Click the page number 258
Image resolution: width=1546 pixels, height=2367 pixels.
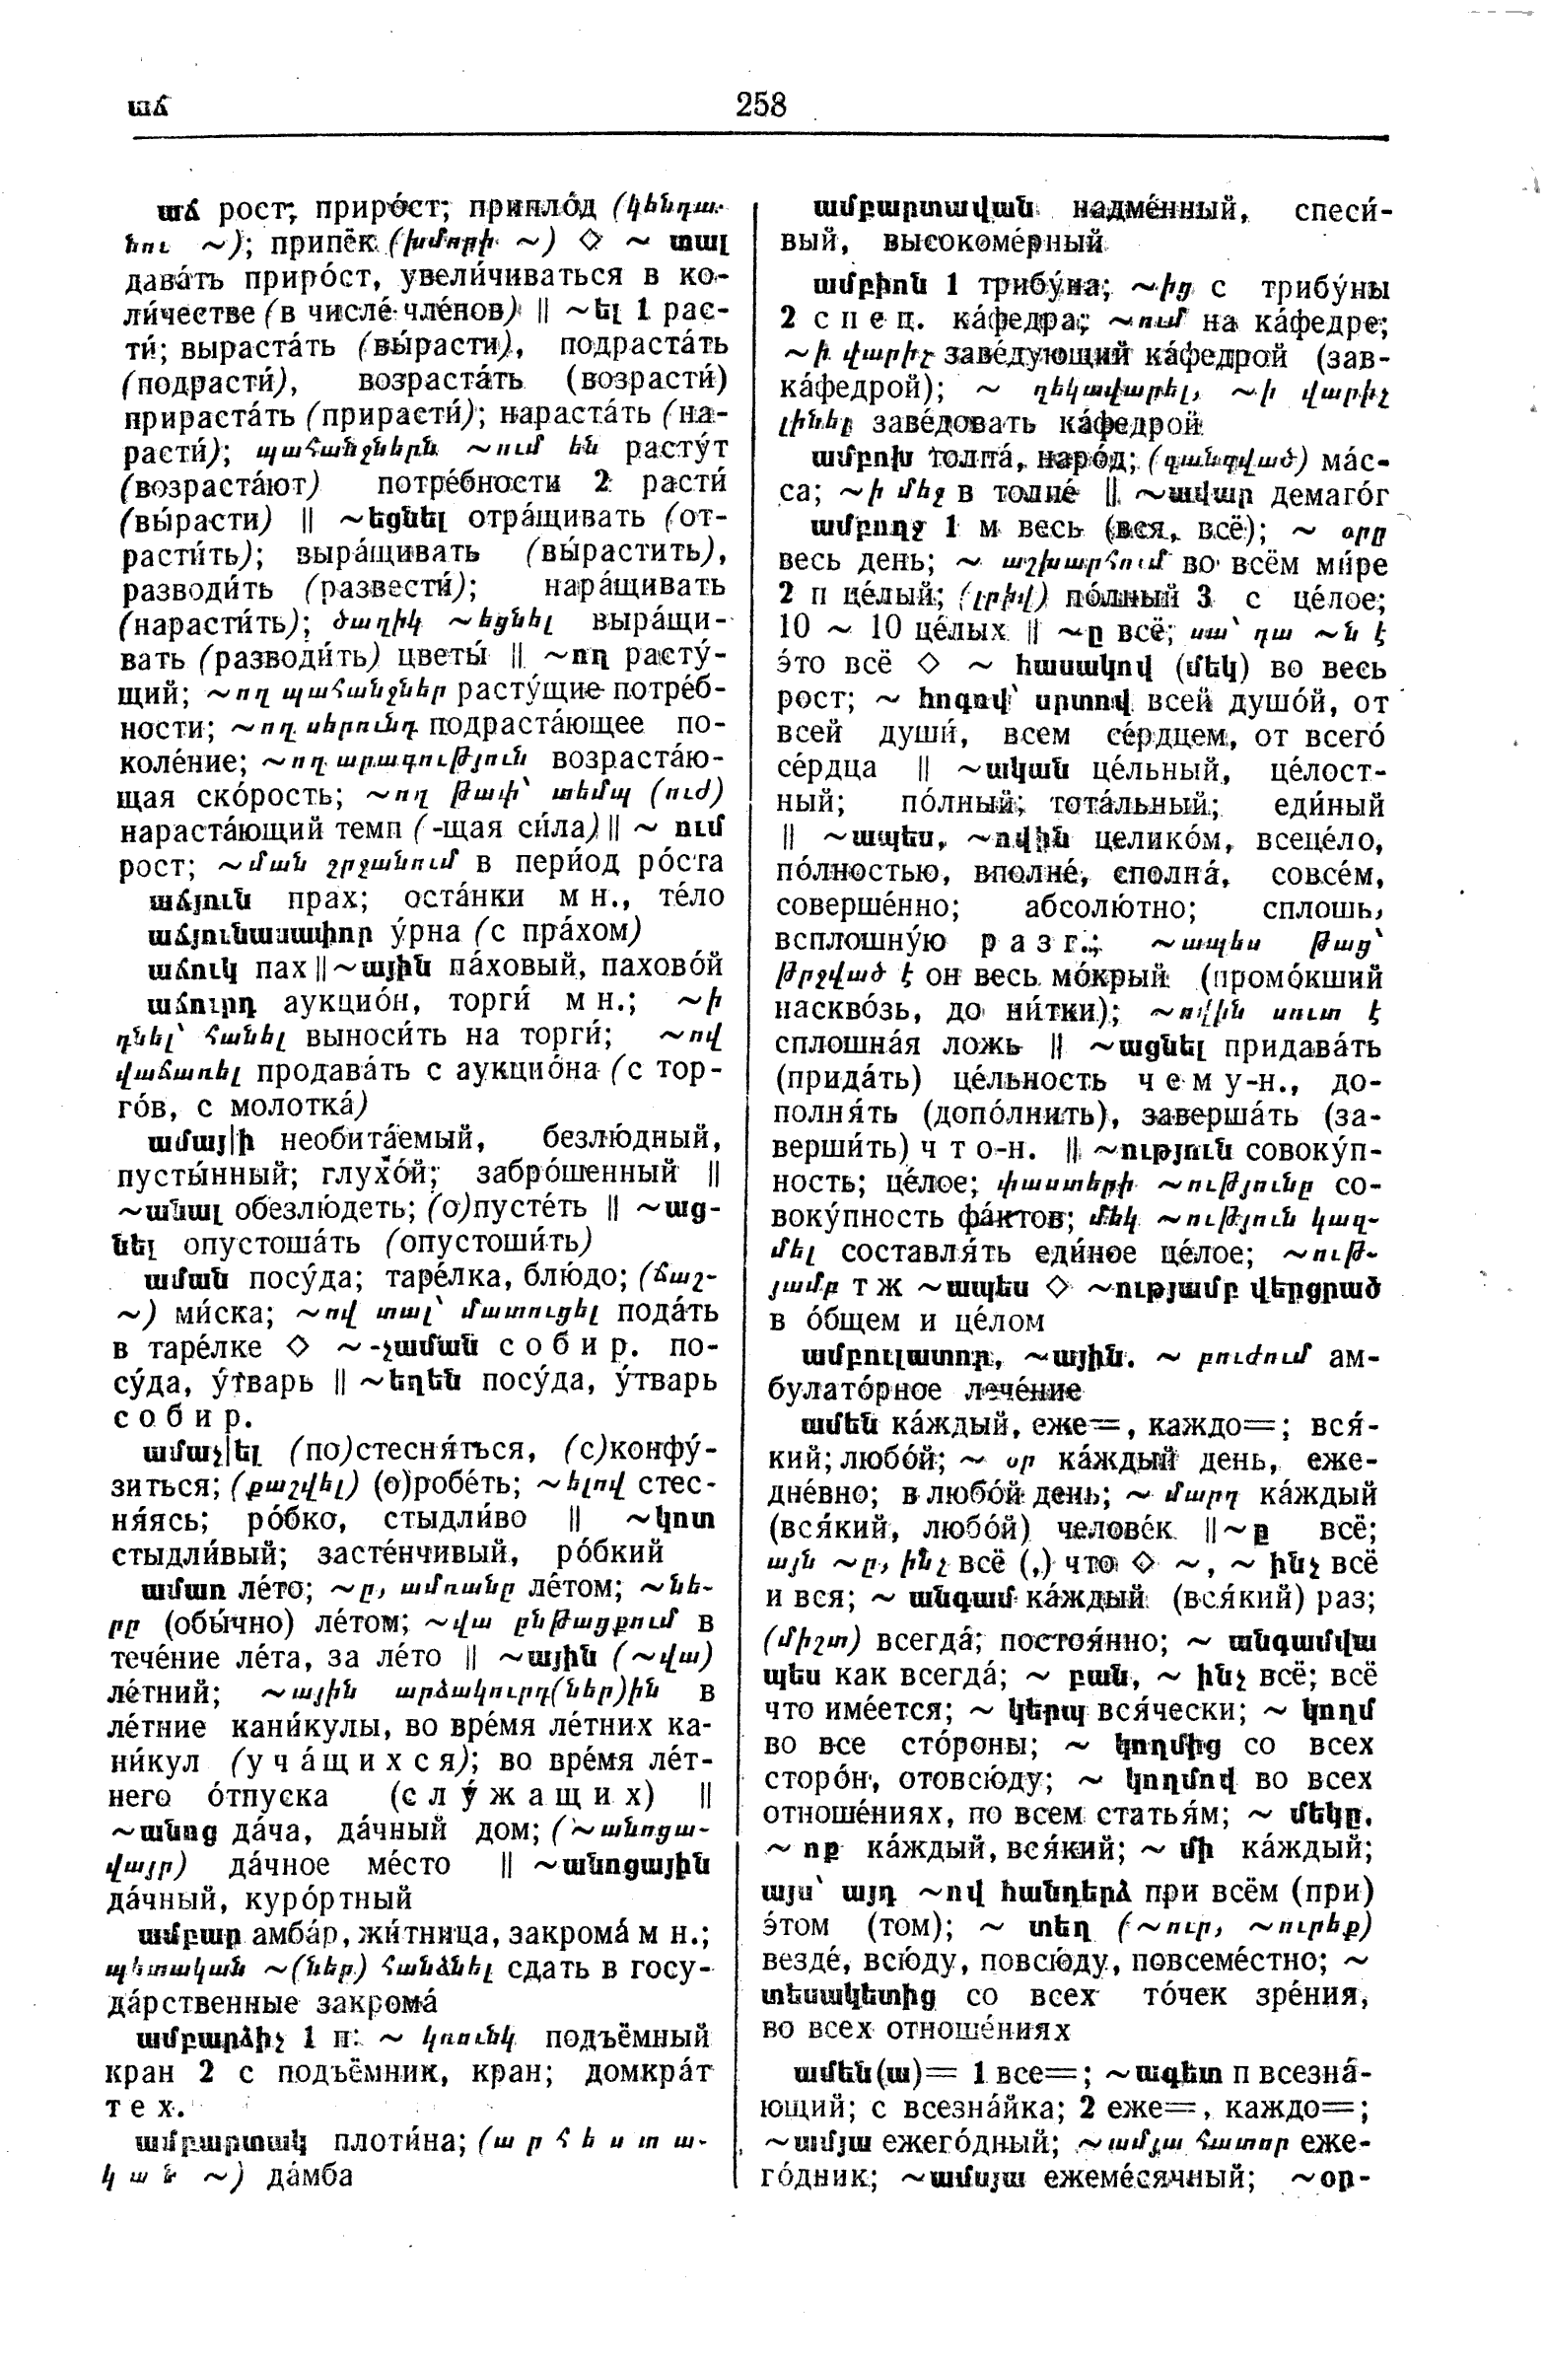tap(760, 105)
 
